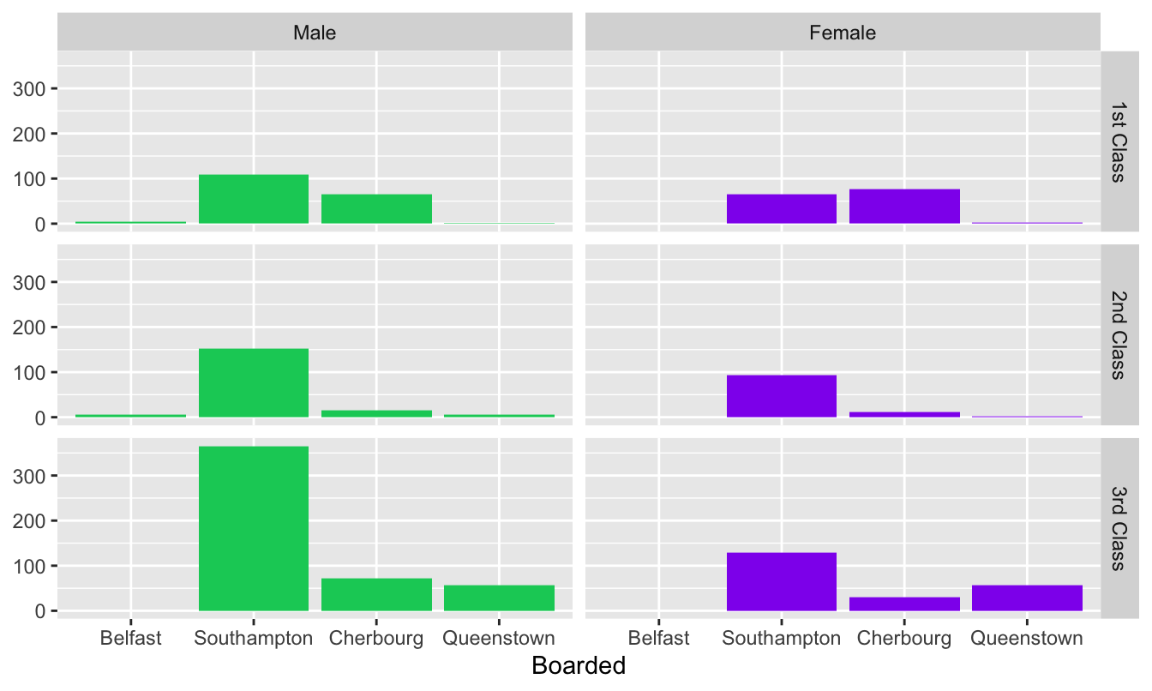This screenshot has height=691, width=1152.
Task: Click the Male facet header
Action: pos(315,33)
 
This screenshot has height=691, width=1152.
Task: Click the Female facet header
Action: pos(843,33)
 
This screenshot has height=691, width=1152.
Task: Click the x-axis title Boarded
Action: pos(579,666)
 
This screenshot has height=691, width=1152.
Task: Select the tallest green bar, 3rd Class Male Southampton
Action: pos(254,528)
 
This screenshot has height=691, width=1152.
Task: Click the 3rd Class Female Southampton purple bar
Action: pos(781,582)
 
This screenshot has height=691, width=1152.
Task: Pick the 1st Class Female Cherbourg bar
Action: pos(904,207)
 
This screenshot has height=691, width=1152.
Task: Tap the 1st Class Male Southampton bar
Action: pos(254,199)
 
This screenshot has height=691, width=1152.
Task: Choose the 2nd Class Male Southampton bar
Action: pos(254,383)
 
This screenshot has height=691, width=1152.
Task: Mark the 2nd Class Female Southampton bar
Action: pos(781,396)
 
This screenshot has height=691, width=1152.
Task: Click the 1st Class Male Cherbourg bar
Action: pos(376,209)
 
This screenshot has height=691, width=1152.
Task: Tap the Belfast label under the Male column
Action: pos(130,639)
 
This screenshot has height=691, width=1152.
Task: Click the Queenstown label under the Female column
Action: pos(1027,639)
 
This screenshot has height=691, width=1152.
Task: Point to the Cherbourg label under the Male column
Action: pos(376,639)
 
